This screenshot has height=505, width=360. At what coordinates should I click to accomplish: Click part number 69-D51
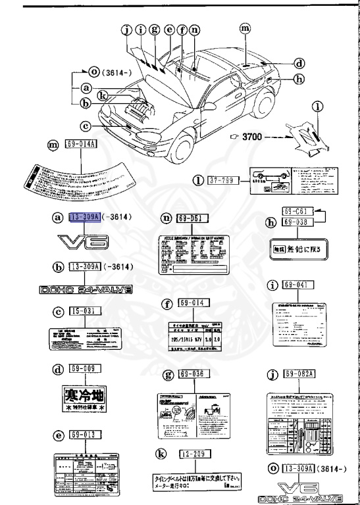click(191, 218)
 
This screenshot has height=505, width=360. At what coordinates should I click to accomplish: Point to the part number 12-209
click(191, 453)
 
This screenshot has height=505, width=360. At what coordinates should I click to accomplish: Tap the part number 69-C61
click(296, 212)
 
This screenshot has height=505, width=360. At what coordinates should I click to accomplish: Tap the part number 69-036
click(191, 374)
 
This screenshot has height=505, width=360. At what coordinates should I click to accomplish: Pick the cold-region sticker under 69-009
click(84, 398)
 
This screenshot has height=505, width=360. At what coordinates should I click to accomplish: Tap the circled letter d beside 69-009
click(57, 370)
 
